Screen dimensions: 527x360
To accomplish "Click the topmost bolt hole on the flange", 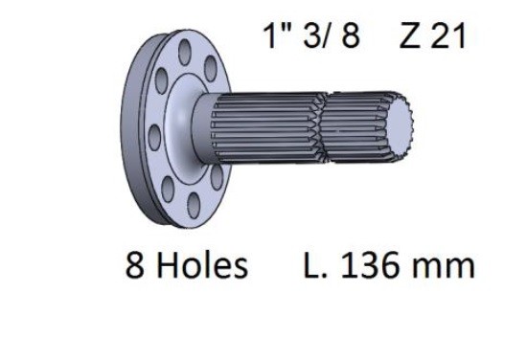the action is pos(185,52).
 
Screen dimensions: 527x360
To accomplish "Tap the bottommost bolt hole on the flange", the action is pos(194,206).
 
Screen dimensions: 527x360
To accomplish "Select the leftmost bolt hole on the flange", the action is pos(154,137).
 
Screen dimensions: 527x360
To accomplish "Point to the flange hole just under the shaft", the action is pos(217,177).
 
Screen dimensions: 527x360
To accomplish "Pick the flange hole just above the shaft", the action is pos(211,69).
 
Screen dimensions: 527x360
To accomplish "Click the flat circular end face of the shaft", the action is pos(400,125).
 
